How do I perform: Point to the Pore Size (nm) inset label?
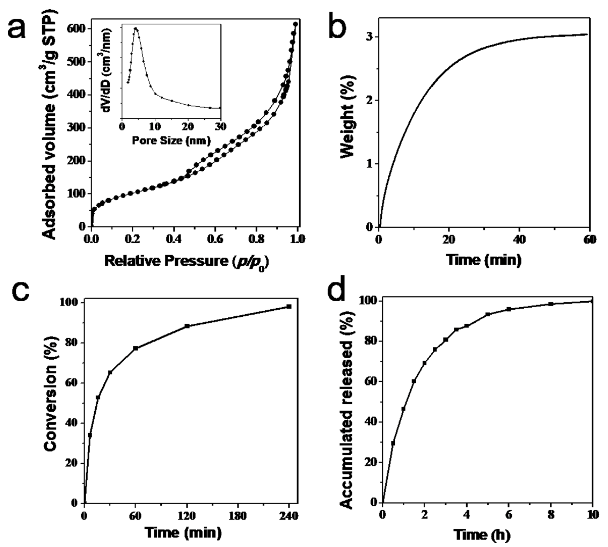(171, 140)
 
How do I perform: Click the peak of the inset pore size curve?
(136, 29)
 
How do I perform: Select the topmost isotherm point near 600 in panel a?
(295, 24)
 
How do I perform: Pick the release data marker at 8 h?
(551, 304)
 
